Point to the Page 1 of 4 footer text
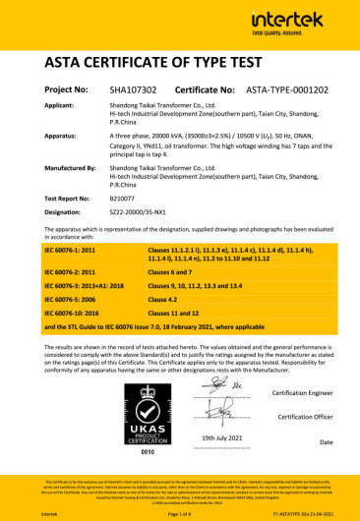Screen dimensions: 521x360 click(181, 513)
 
